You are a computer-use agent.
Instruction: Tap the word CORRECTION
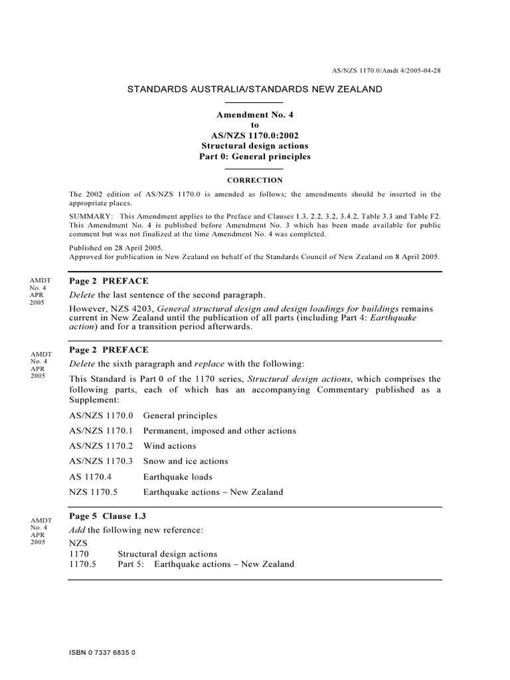tap(255, 180)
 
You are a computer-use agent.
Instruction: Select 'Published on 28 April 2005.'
tap(116, 247)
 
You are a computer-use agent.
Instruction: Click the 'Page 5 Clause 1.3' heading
tap(108, 516)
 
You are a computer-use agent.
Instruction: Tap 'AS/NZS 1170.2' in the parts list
tap(101, 446)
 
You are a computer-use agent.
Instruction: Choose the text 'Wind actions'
tap(169, 446)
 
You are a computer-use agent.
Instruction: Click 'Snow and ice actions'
tap(185, 461)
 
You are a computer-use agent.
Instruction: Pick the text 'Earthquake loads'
tap(178, 477)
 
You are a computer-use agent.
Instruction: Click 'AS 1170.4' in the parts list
tap(92, 477)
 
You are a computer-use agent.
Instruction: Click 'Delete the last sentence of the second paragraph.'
tap(167, 294)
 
